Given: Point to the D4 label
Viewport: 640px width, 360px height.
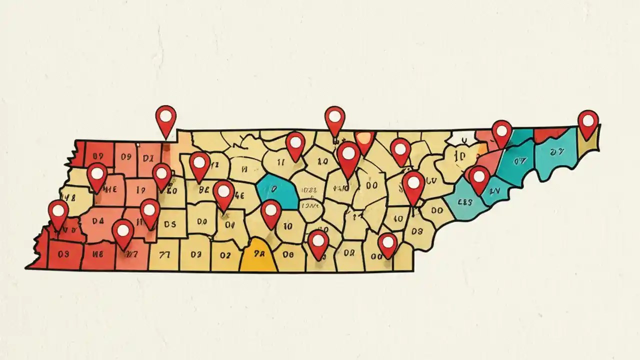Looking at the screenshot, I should [x=97, y=220].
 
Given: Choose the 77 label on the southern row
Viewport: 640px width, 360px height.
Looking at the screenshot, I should [x=164, y=254].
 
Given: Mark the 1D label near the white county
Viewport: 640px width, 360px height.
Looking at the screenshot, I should [x=459, y=157].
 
